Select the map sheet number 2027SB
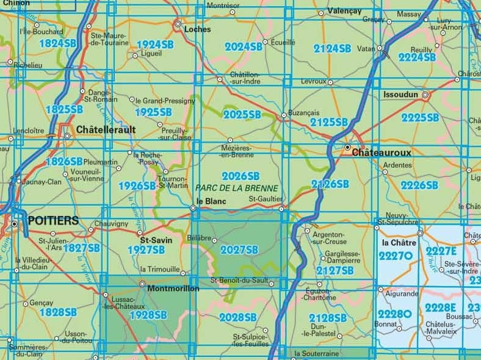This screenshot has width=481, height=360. point(240,250)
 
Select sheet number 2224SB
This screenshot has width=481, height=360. point(417,57)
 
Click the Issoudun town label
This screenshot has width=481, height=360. point(400,95)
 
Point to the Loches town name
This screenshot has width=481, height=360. point(191,28)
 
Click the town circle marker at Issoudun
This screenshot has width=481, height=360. point(425,95)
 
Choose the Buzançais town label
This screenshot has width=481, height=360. point(304,114)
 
